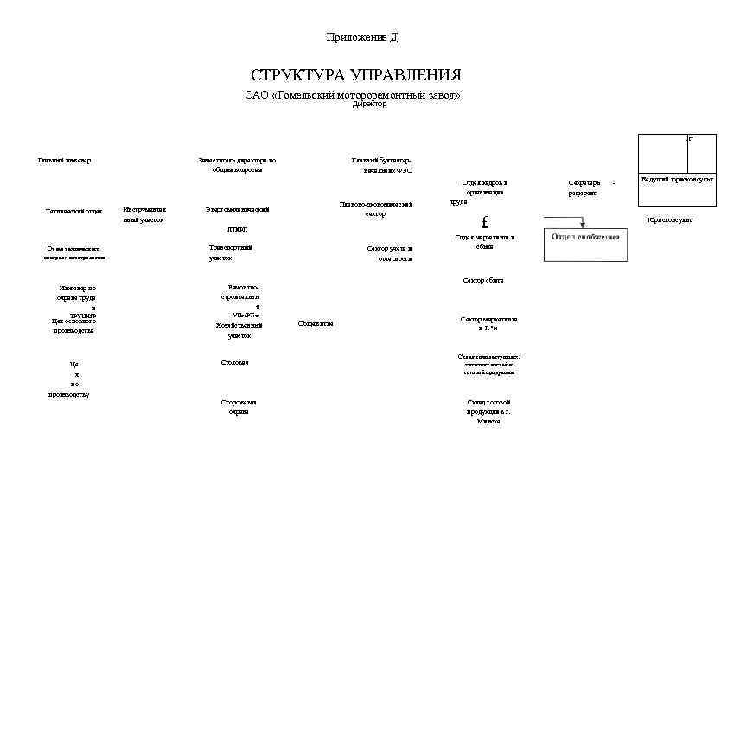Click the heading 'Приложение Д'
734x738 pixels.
click(361, 37)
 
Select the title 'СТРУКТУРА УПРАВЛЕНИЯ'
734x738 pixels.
click(355, 75)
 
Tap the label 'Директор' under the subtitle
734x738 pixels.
click(369, 104)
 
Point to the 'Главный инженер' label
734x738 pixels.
click(64, 160)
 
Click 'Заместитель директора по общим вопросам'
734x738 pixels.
click(236, 165)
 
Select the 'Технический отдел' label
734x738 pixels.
click(73, 211)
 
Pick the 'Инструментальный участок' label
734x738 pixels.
click(144, 214)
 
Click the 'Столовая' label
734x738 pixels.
click(234, 362)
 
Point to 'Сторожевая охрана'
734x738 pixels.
click(238, 407)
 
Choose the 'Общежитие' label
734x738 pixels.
click(315, 323)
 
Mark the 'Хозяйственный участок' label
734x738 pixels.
click(239, 330)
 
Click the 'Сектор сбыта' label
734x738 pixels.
click(482, 280)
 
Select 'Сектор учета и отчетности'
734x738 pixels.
click(390, 252)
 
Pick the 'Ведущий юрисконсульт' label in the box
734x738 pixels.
click(677, 179)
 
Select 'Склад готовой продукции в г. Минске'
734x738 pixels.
click(488, 411)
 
